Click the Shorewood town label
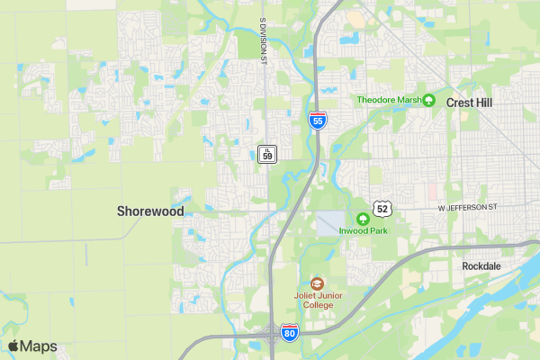[x=150, y=211]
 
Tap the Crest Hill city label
[x=470, y=103]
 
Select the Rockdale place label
[x=481, y=266]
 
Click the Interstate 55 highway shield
[x=317, y=120]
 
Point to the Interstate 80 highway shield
[x=289, y=333]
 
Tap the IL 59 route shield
[x=266, y=153]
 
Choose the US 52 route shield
[x=383, y=209]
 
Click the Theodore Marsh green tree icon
[x=429, y=100]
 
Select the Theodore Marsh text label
[x=389, y=100]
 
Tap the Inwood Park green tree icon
[x=364, y=218]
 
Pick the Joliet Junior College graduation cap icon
[x=316, y=283]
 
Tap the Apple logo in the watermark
[x=13, y=346]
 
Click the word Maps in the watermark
[x=39, y=346]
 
